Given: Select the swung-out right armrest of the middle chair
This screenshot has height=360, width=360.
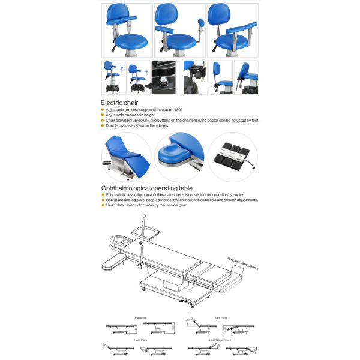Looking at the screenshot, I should [201, 27].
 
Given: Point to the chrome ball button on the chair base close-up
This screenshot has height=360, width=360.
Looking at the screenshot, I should [163, 79].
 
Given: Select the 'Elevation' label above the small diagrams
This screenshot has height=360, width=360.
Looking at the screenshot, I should [140, 317].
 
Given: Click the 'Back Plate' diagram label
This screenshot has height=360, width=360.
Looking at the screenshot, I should [221, 317].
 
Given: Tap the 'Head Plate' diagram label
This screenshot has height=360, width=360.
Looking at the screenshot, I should [140, 340].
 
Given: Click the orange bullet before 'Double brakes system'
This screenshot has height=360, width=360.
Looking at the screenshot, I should [102, 125].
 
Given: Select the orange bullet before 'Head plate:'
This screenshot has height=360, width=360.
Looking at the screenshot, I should [102, 205].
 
